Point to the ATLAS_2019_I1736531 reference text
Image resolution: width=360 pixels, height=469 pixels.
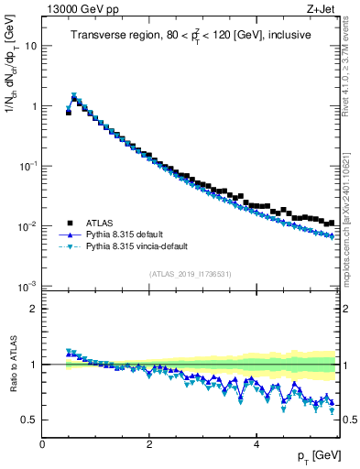(191, 274)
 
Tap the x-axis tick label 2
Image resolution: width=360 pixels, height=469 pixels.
(149, 444)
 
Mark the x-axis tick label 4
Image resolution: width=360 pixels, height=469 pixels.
(256, 444)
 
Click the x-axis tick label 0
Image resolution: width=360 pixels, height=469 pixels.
(42, 444)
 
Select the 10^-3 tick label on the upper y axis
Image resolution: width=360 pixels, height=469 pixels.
(26, 286)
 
